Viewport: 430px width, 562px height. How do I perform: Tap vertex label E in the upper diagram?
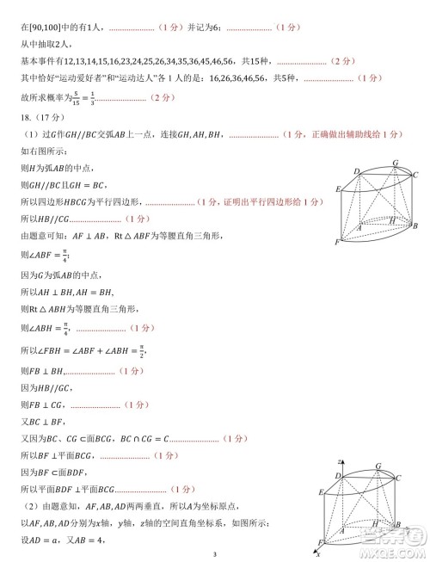[339, 188]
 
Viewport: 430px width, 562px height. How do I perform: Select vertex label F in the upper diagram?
[338, 244]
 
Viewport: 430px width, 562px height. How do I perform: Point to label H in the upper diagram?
[391, 220]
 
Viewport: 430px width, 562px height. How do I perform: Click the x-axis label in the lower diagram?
[318, 553]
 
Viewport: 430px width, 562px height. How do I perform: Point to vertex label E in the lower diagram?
[322, 491]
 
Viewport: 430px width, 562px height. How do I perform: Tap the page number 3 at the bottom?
[215, 554]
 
